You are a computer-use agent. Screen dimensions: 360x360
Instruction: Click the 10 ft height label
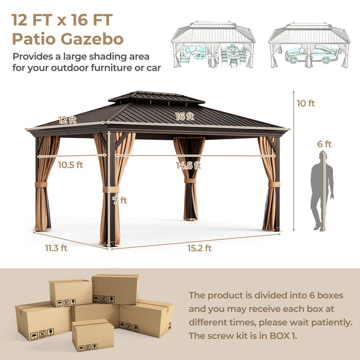point(305,103)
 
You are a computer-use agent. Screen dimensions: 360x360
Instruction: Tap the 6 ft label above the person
point(325,144)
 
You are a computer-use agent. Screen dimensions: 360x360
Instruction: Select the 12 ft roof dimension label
point(68,119)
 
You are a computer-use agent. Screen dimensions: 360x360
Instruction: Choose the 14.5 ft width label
point(188,165)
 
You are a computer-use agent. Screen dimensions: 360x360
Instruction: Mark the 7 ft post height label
point(120,200)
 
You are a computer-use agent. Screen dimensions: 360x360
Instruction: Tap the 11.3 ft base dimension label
point(55,247)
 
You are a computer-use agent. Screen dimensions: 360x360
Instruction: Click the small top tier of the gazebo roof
point(148,97)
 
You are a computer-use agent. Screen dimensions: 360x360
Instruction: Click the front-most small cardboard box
point(92,335)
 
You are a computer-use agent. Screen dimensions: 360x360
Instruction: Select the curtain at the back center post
point(188,177)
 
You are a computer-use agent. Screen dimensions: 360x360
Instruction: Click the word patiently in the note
point(329,322)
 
